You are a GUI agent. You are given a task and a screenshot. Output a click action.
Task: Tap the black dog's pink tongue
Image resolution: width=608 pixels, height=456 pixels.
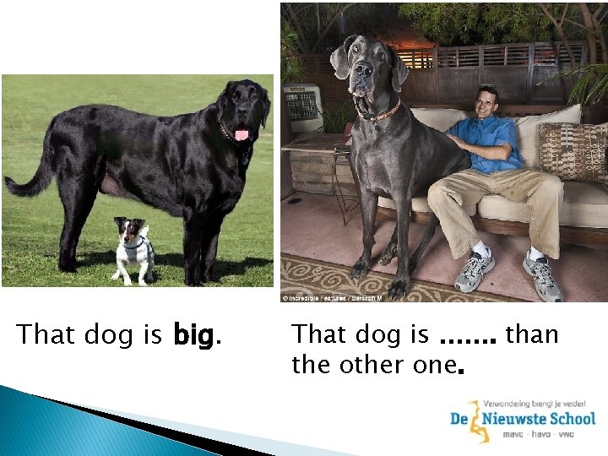242,134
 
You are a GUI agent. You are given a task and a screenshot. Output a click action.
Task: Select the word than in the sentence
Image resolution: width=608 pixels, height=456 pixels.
532,334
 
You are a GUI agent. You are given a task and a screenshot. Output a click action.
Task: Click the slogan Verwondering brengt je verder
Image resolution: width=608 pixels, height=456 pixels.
535,404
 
